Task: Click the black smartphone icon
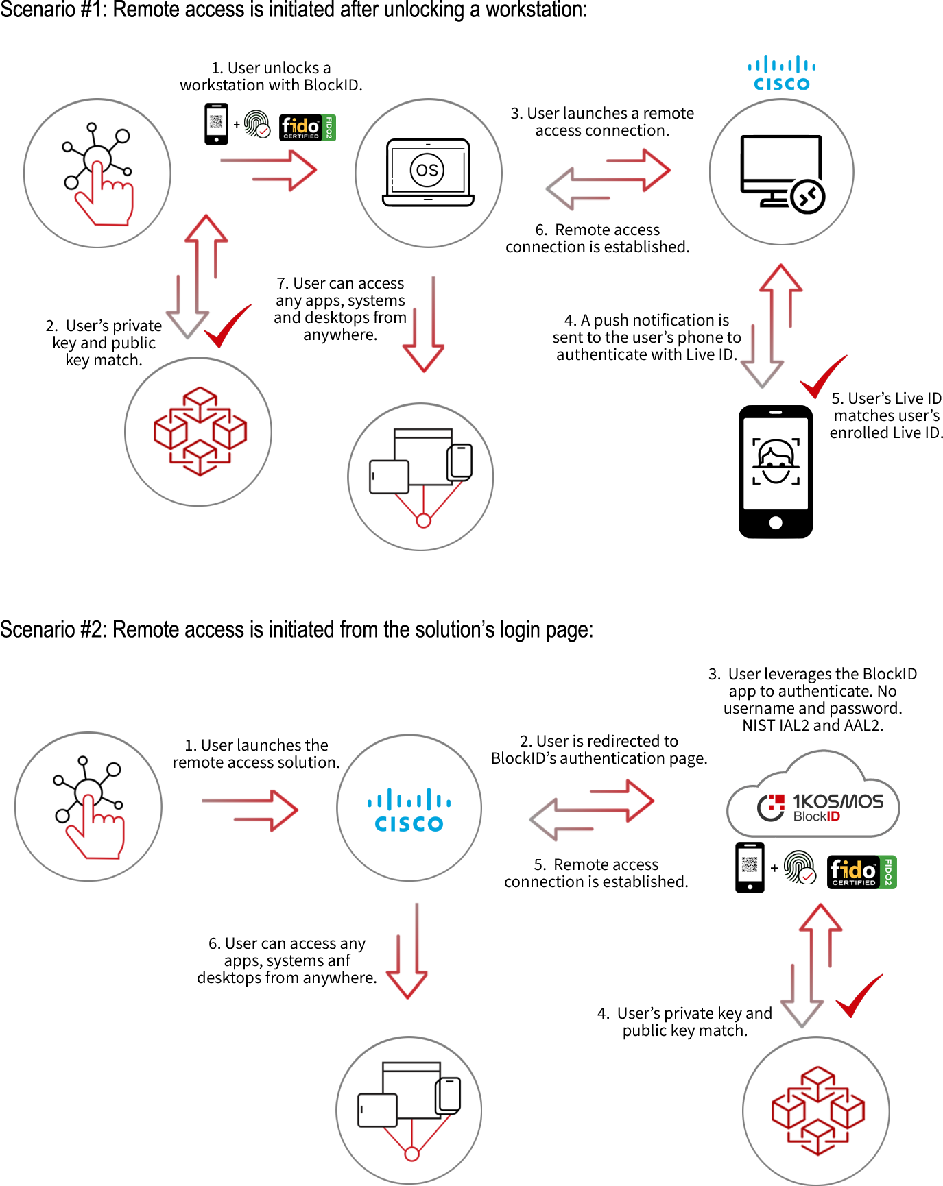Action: (x=776, y=472)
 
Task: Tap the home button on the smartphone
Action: (x=776, y=522)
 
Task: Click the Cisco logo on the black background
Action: (x=781, y=74)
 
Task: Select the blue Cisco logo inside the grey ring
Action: (x=411, y=809)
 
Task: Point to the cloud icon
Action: (x=813, y=795)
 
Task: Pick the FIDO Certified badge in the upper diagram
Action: (x=308, y=128)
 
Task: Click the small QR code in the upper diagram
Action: (x=216, y=121)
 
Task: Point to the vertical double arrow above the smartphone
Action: (x=772, y=326)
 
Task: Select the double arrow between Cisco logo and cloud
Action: (x=592, y=810)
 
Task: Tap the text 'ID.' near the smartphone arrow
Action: (x=727, y=354)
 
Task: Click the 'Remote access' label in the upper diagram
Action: (x=607, y=229)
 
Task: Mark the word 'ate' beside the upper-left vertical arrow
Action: (x=152, y=326)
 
